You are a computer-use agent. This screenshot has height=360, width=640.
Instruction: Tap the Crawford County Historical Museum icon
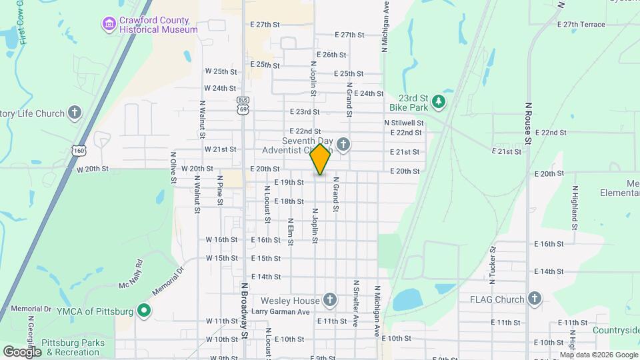point(108,24)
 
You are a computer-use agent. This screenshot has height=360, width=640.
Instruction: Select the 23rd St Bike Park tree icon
point(438,102)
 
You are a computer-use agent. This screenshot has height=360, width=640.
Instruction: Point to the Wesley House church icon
point(329,300)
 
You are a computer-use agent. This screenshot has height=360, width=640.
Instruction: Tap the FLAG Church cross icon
point(534,299)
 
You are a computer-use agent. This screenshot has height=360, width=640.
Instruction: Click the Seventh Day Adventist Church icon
point(343,145)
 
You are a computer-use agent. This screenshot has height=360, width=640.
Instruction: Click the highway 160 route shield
point(80,151)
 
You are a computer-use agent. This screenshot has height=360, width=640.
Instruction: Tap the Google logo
point(22,351)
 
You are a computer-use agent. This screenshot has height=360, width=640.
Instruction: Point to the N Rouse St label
point(528,123)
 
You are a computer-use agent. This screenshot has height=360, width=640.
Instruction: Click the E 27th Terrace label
point(574,25)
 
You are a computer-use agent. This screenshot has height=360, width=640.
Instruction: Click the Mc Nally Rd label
point(130,275)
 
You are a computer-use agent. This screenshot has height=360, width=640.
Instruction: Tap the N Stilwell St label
point(403,123)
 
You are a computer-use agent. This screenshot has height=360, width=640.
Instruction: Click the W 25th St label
point(221,71)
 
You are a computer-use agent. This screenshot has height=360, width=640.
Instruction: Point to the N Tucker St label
point(493,269)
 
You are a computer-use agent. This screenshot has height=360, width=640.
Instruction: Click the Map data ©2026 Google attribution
point(598,355)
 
